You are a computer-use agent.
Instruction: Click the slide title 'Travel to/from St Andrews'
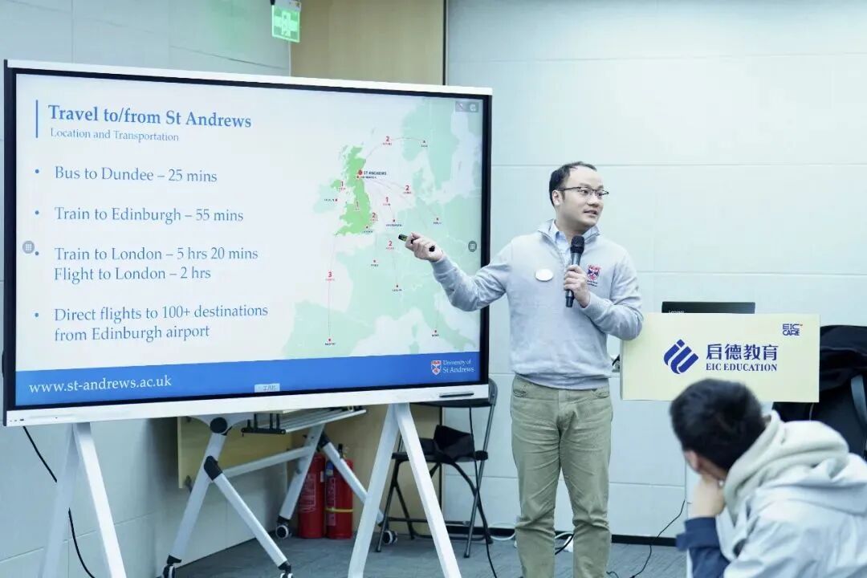pos(149,116)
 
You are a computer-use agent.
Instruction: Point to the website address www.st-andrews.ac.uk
pos(100,384)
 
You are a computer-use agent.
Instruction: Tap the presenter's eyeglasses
pos(584,192)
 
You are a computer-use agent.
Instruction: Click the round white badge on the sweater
pos(544,275)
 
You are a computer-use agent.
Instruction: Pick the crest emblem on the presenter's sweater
pos(593,273)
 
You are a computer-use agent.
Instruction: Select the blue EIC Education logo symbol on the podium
pos(680,356)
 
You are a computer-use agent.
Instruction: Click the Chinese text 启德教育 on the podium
pos(742,352)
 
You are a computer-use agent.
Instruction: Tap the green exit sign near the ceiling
pos(285,21)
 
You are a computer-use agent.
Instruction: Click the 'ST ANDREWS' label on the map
pos(374,173)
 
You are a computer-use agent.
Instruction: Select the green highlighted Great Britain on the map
pos(354,201)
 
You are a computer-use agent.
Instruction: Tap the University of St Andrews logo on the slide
pos(453,367)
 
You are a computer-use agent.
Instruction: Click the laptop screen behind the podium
pos(707,307)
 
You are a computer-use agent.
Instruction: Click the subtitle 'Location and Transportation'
pos(114,136)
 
